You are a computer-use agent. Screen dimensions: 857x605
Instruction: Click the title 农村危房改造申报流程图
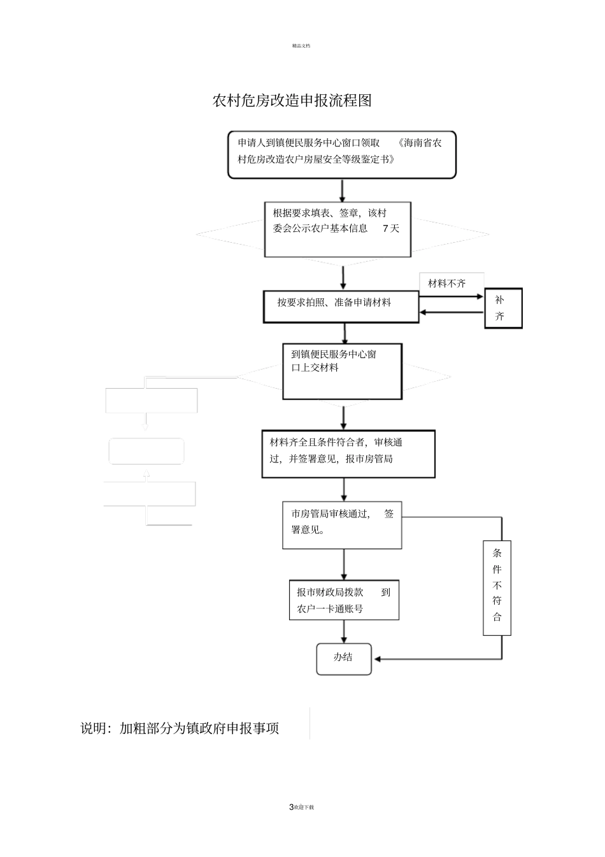(x=292, y=101)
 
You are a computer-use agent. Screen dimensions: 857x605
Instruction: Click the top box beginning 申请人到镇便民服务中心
(x=342, y=155)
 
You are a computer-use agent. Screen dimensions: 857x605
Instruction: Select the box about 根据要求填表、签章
(x=338, y=229)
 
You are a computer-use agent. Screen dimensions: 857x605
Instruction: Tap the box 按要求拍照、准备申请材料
(x=341, y=306)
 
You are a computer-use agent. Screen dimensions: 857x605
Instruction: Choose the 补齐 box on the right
(x=502, y=308)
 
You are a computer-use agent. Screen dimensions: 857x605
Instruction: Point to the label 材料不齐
(x=447, y=284)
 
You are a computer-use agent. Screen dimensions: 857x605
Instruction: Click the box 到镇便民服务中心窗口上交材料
(x=342, y=371)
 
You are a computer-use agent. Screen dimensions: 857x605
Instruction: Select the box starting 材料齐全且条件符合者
(x=348, y=454)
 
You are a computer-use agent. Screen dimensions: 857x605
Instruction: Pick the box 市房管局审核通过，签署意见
(x=342, y=524)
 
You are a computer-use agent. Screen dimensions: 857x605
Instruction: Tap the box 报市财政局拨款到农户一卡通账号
(x=344, y=600)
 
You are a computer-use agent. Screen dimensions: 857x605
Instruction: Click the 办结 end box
(x=344, y=659)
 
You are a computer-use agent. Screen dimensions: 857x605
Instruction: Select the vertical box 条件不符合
(x=497, y=587)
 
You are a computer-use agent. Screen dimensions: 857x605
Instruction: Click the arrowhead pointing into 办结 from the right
(x=378, y=659)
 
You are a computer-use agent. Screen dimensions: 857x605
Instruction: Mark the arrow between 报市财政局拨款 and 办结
(x=344, y=631)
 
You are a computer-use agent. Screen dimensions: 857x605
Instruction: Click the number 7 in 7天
(x=385, y=229)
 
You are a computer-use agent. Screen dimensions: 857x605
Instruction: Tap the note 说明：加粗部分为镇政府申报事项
(x=180, y=728)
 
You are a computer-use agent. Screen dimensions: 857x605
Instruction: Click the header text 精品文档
(x=301, y=45)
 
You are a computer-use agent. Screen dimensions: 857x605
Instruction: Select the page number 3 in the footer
(x=291, y=807)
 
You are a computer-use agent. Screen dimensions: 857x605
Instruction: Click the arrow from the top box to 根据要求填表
(x=343, y=191)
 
